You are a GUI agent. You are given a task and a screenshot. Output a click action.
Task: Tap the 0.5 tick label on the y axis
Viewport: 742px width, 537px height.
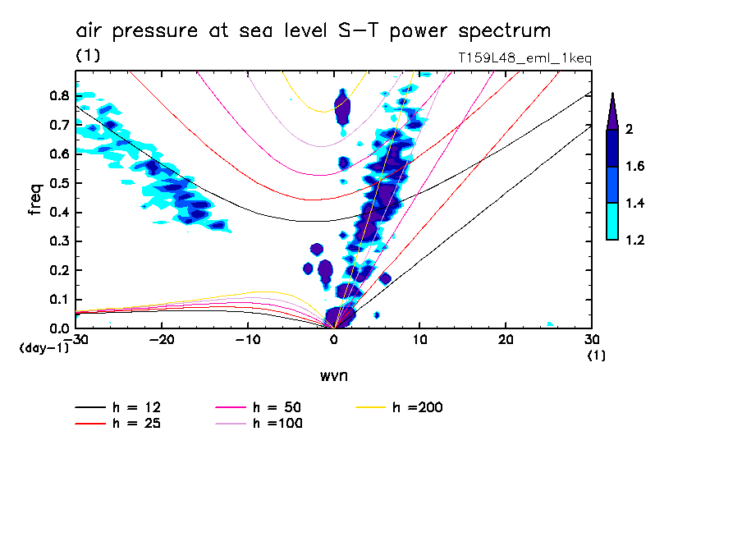click(x=59, y=183)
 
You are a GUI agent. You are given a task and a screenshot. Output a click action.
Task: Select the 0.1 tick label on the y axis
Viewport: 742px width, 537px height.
click(x=59, y=300)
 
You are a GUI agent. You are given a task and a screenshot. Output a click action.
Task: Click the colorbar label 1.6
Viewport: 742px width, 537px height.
click(x=635, y=167)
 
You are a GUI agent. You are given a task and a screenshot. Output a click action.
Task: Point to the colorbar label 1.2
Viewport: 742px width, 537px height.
click(x=635, y=241)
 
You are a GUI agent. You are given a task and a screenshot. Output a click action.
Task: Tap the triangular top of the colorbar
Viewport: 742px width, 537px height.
click(x=612, y=112)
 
